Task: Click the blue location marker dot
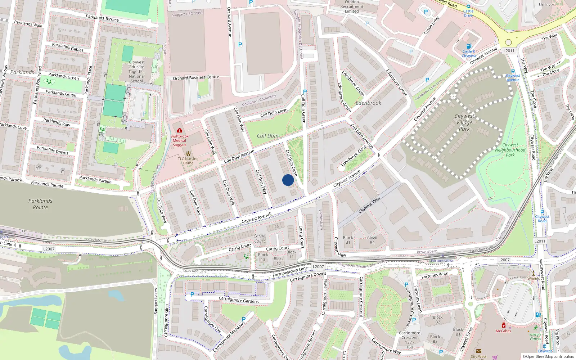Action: click(x=288, y=180)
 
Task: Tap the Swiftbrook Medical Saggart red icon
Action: click(x=180, y=130)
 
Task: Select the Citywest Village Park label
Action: click(x=464, y=122)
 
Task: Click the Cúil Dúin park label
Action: click(x=267, y=136)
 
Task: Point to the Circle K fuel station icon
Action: click(x=469, y=46)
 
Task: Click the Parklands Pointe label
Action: click(x=40, y=204)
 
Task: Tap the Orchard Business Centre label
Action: click(x=196, y=77)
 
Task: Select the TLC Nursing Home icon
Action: click(x=188, y=153)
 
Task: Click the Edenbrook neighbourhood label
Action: click(x=368, y=103)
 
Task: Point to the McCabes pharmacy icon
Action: click(x=503, y=325)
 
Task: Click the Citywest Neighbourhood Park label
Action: click(x=510, y=150)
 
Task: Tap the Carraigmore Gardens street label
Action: click(x=239, y=300)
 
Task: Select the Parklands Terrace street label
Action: click(x=102, y=18)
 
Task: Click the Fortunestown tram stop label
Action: click(x=442, y=260)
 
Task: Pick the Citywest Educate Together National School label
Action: click(x=137, y=71)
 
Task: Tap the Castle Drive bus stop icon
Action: click(x=468, y=6)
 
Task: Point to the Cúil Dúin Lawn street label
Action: click(x=274, y=113)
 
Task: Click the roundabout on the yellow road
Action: click(x=508, y=42)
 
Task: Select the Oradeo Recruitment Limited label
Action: click(x=352, y=6)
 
